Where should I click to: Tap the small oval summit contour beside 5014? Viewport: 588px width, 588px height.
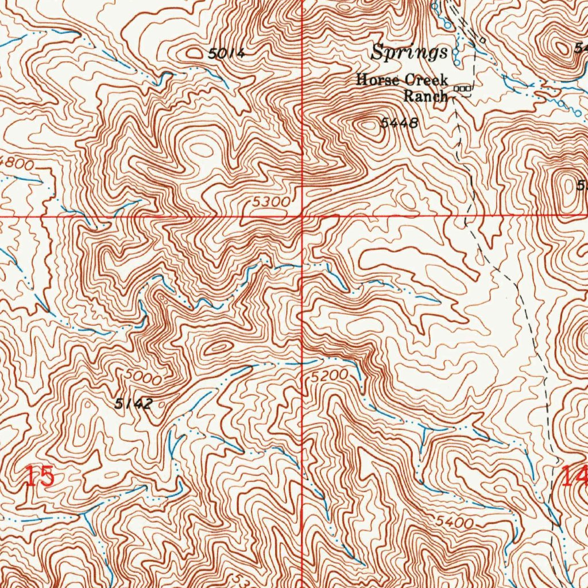point(195,53)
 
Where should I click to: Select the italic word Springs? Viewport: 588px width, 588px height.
point(409,53)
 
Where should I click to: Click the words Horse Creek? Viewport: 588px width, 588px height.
point(401,80)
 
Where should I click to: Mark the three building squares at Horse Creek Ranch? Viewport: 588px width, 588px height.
point(463,88)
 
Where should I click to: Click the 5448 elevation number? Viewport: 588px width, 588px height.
point(397,123)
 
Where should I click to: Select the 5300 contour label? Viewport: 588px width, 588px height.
point(270,202)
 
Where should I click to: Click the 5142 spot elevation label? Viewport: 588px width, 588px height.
point(133,404)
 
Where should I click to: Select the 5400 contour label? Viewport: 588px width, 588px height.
point(454,523)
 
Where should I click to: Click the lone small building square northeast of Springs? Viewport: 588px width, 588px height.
point(483,40)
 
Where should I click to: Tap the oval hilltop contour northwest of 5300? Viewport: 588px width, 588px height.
point(202,150)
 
